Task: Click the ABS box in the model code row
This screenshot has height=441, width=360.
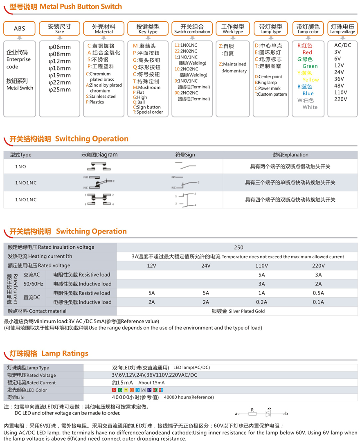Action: (19, 28)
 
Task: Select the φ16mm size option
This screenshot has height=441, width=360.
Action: (59, 68)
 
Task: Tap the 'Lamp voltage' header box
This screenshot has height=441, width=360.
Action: (342, 28)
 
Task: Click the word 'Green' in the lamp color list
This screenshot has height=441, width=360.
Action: (310, 66)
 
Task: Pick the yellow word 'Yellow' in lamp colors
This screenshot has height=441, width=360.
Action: (310, 80)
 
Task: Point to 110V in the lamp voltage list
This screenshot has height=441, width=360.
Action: (340, 92)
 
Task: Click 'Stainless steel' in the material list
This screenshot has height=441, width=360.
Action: (103, 97)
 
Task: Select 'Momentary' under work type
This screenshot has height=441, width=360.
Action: (234, 71)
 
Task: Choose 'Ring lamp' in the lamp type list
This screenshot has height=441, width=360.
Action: (267, 83)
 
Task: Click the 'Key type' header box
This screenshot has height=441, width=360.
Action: (148, 28)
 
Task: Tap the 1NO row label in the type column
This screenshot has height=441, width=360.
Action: (20, 166)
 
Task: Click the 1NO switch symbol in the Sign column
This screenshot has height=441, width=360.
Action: (185, 166)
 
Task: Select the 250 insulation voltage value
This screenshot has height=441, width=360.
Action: (239, 247)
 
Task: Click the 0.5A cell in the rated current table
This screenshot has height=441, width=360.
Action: (318, 293)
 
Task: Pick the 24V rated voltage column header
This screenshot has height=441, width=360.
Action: (206, 265)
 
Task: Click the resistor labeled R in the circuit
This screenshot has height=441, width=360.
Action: (253, 413)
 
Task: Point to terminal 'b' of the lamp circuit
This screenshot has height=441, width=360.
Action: (286, 414)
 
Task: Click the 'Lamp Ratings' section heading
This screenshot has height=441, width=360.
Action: (48, 353)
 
